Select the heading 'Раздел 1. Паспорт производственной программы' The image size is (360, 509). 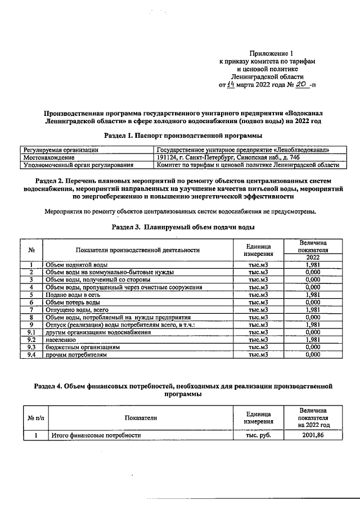click(x=183, y=136)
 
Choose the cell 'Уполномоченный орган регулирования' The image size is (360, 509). click(x=78, y=165)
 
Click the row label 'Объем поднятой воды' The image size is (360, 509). click(x=76, y=265)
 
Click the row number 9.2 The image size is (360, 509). click(x=32, y=340)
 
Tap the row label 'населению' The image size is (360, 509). click(x=62, y=340)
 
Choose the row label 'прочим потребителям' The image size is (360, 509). click(x=75, y=355)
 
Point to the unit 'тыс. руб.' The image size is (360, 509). click(x=259, y=435)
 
